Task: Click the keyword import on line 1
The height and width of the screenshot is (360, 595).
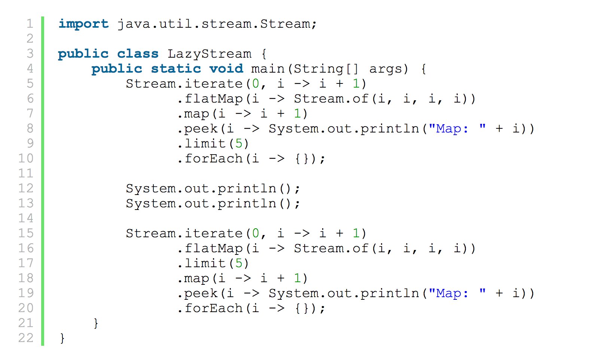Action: click(x=83, y=24)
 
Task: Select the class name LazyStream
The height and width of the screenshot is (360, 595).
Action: click(x=209, y=54)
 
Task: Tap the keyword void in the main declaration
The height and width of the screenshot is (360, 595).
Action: click(x=226, y=69)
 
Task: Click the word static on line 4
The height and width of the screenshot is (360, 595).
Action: click(x=176, y=69)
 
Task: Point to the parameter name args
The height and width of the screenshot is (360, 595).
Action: click(x=388, y=69)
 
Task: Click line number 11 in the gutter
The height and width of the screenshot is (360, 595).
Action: click(x=26, y=174)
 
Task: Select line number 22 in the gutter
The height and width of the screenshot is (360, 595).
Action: click(x=26, y=338)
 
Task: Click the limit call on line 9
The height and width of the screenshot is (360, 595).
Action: click(x=205, y=144)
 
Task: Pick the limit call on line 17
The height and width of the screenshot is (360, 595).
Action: click(x=205, y=263)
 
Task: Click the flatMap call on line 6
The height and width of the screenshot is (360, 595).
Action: click(x=214, y=99)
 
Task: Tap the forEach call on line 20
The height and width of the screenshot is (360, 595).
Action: click(x=214, y=308)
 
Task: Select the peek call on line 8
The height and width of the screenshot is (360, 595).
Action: click(x=201, y=129)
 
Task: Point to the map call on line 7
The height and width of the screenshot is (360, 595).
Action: click(x=196, y=114)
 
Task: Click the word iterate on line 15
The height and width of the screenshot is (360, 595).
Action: click(x=214, y=234)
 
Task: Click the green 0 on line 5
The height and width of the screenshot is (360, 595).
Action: click(x=256, y=84)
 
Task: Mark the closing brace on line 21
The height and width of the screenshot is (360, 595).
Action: click(x=96, y=323)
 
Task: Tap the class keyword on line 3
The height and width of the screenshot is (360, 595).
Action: click(x=138, y=54)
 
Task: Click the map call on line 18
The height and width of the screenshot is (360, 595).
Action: click(x=196, y=278)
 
